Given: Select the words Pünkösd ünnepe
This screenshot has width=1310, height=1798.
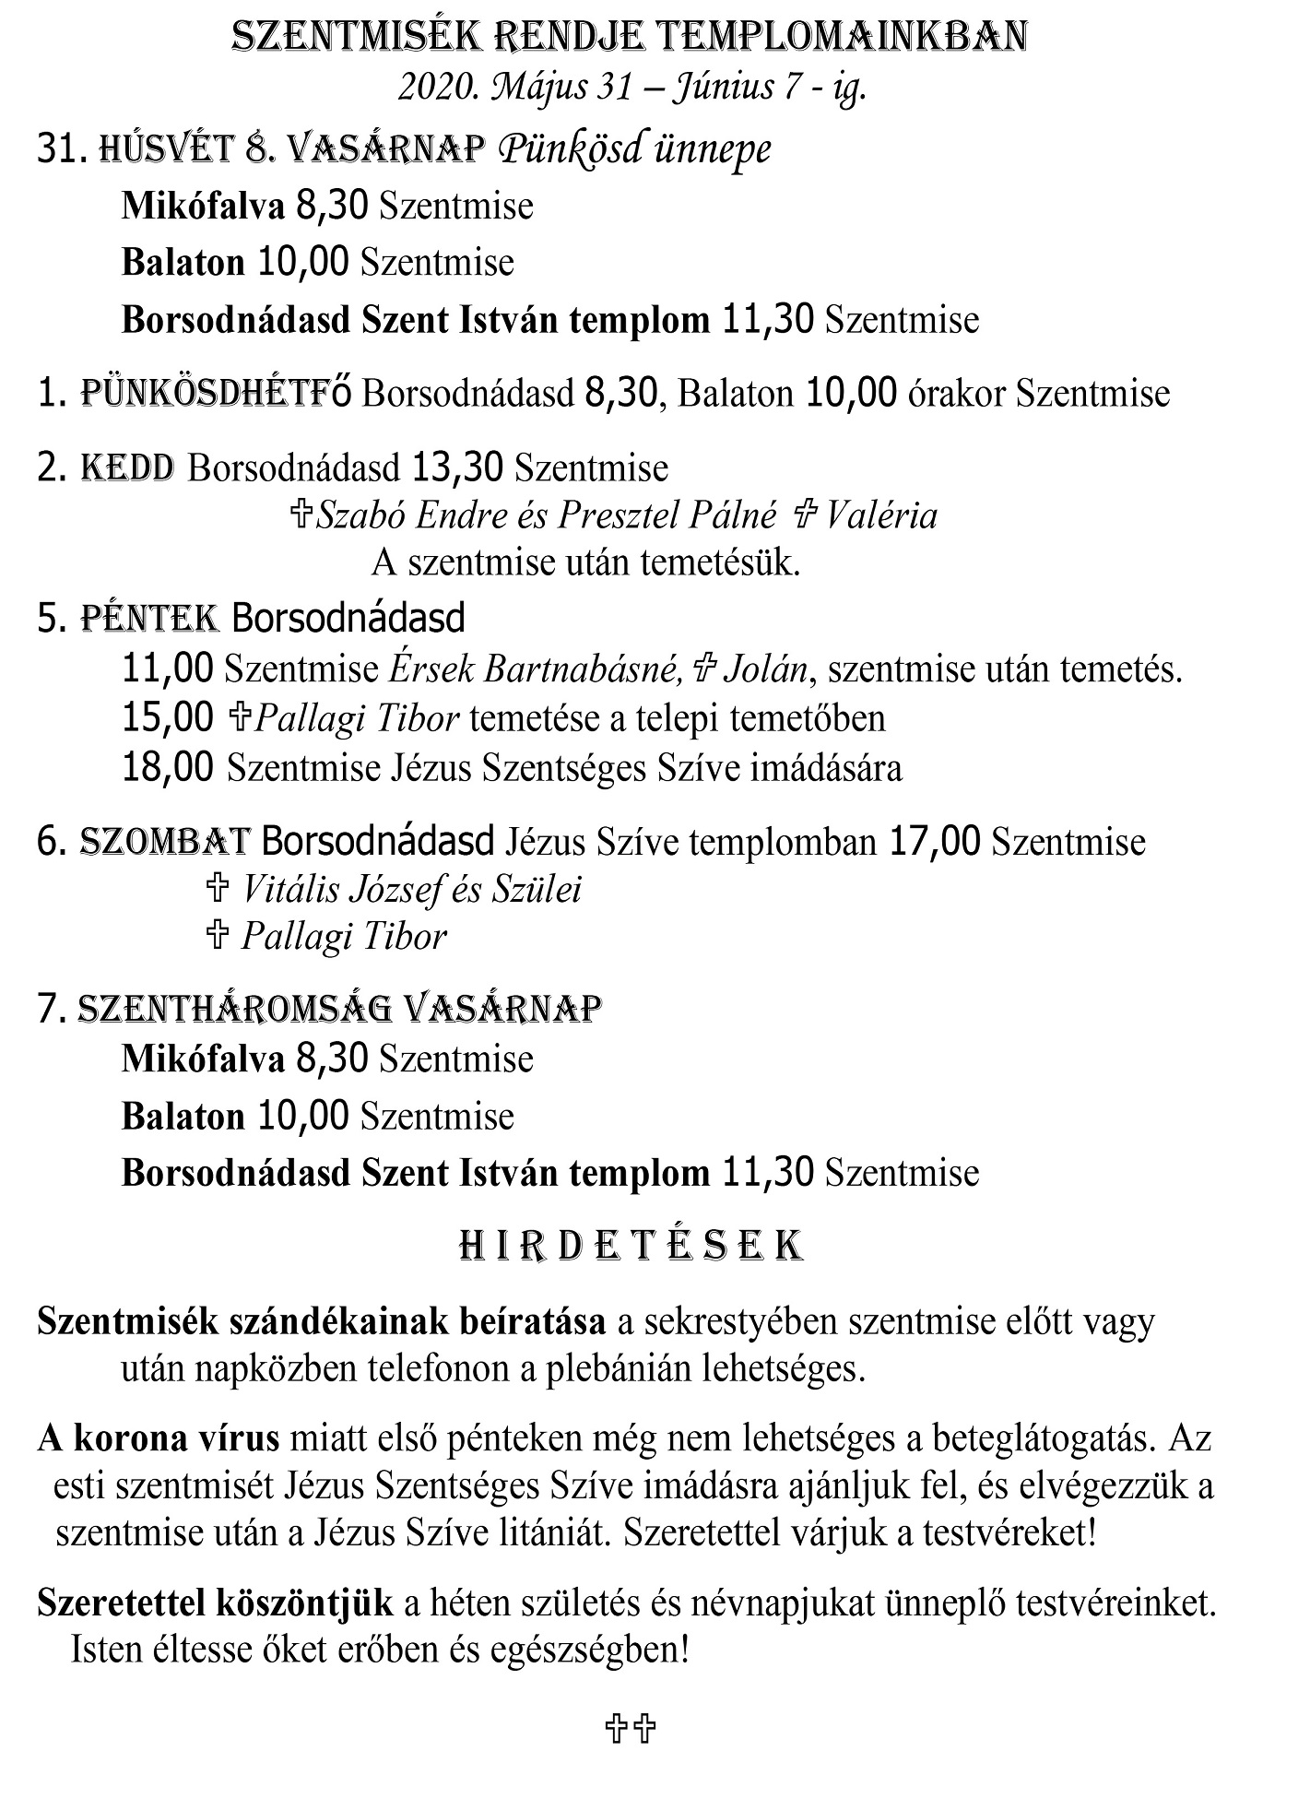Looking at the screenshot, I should pos(634,148).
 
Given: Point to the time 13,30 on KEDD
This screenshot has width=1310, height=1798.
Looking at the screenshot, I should pos(457,467).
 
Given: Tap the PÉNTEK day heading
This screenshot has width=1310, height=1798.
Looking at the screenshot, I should pos(151,618).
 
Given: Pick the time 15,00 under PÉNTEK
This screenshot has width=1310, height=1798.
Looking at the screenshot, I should pos(168,718).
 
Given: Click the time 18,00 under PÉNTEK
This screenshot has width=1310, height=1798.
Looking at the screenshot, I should pos(168,767).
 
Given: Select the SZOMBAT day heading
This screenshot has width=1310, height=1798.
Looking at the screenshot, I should pos(165,841).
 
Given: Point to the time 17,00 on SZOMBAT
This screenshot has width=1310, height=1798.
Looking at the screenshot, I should pos(935,841).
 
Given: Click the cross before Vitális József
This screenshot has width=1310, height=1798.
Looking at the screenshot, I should pos(217,889).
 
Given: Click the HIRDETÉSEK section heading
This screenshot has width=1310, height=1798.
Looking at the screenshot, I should pos(631,1246).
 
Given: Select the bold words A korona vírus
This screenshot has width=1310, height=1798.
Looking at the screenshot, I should pos(158,1438).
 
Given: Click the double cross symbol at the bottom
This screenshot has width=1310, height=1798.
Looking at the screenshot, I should pos(631,1729).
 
